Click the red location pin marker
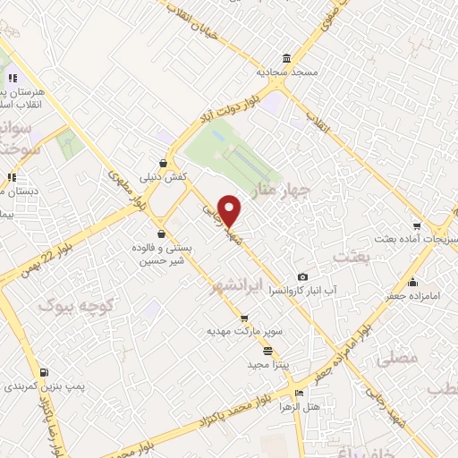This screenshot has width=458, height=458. [x=231, y=210]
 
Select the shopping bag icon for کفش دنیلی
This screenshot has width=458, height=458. [x=162, y=164]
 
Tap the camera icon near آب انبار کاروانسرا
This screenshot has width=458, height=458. [x=302, y=276]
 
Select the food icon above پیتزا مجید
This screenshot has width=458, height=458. [x=267, y=351]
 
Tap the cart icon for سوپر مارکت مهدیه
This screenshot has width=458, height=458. [x=244, y=318]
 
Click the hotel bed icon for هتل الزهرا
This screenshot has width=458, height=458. [x=300, y=393]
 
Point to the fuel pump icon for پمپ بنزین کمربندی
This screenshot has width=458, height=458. [x=44, y=372]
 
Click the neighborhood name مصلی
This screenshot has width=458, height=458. [x=399, y=358]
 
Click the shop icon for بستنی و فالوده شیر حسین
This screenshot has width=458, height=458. [x=160, y=234]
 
